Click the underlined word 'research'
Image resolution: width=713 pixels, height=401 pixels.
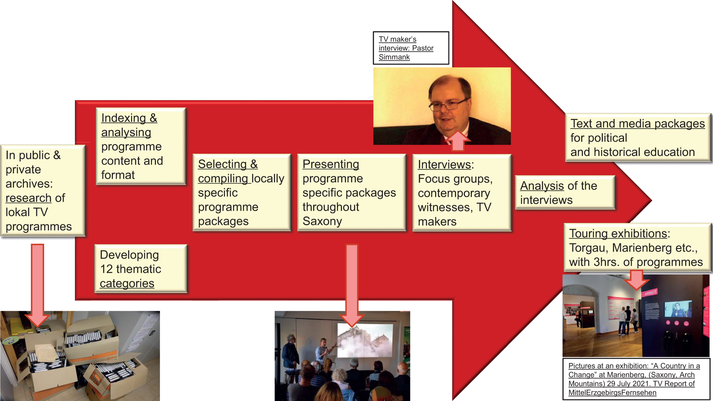point(28,198)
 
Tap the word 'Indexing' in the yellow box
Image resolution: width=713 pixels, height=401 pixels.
point(124,118)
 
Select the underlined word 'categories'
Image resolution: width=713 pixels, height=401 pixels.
point(127,283)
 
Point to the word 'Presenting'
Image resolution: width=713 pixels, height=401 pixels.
point(331,164)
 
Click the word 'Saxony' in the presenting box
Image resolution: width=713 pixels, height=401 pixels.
point(322,222)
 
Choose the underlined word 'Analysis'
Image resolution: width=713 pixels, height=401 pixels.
point(542,186)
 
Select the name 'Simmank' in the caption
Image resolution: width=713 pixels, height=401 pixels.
point(394,57)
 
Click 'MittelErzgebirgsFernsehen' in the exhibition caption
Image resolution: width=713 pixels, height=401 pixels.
point(612,393)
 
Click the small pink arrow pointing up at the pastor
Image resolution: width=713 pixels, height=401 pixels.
point(458,141)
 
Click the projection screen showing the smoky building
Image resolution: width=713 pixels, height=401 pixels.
point(365,340)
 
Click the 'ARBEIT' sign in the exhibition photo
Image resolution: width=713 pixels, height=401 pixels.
point(651,292)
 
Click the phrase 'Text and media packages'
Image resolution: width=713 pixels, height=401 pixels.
point(637,124)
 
